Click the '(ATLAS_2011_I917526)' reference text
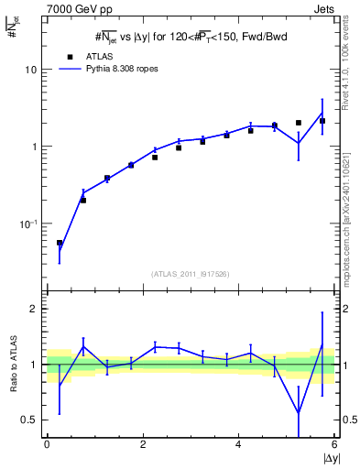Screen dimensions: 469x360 pyautogui.click(x=190, y=274)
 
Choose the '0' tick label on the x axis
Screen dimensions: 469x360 pyautogui.click(x=47, y=444)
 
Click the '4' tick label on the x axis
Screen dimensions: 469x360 pyautogui.click(x=238, y=444)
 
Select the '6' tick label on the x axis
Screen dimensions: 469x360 pyautogui.click(x=334, y=444)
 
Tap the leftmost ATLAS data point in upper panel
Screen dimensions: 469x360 pyautogui.click(x=60, y=244)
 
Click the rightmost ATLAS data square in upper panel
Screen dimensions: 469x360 pyautogui.click(x=322, y=121)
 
